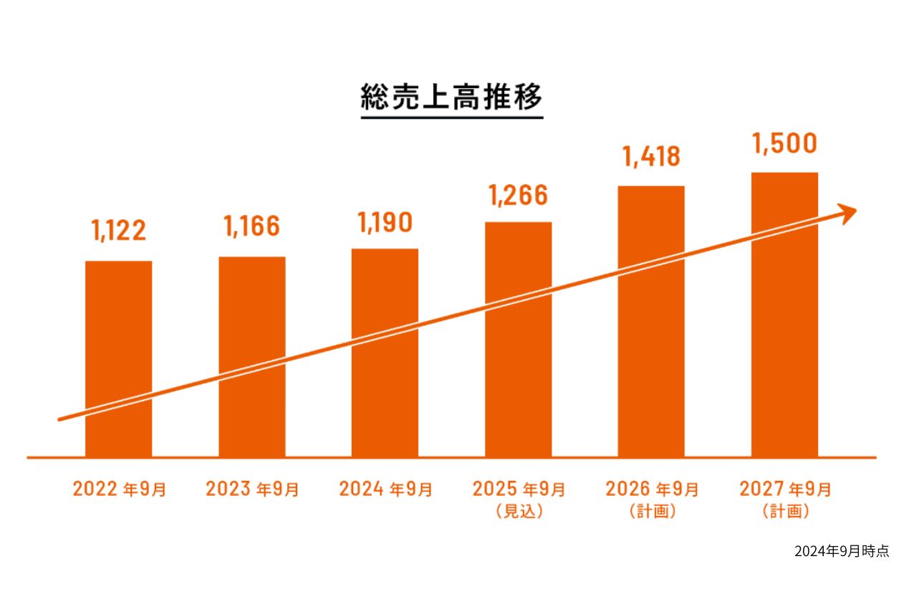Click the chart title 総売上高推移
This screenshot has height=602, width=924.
[451, 98]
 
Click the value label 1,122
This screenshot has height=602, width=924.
[118, 230]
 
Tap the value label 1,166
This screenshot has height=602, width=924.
[251, 226]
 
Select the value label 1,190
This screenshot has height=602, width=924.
[385, 223]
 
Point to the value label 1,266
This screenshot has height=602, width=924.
[518, 195]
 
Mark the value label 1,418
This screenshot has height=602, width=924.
[651, 157]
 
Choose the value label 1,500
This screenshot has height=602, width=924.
[784, 144]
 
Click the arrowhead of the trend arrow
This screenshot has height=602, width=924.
[848, 213]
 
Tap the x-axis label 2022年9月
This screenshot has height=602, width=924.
[119, 489]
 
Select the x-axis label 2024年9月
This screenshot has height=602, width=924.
[385, 489]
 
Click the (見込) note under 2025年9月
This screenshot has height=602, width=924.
[519, 512]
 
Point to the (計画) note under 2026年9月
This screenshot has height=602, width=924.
[652, 512]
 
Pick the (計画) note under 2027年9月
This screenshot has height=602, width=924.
[785, 512]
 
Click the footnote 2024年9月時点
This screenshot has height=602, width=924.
[842, 551]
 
